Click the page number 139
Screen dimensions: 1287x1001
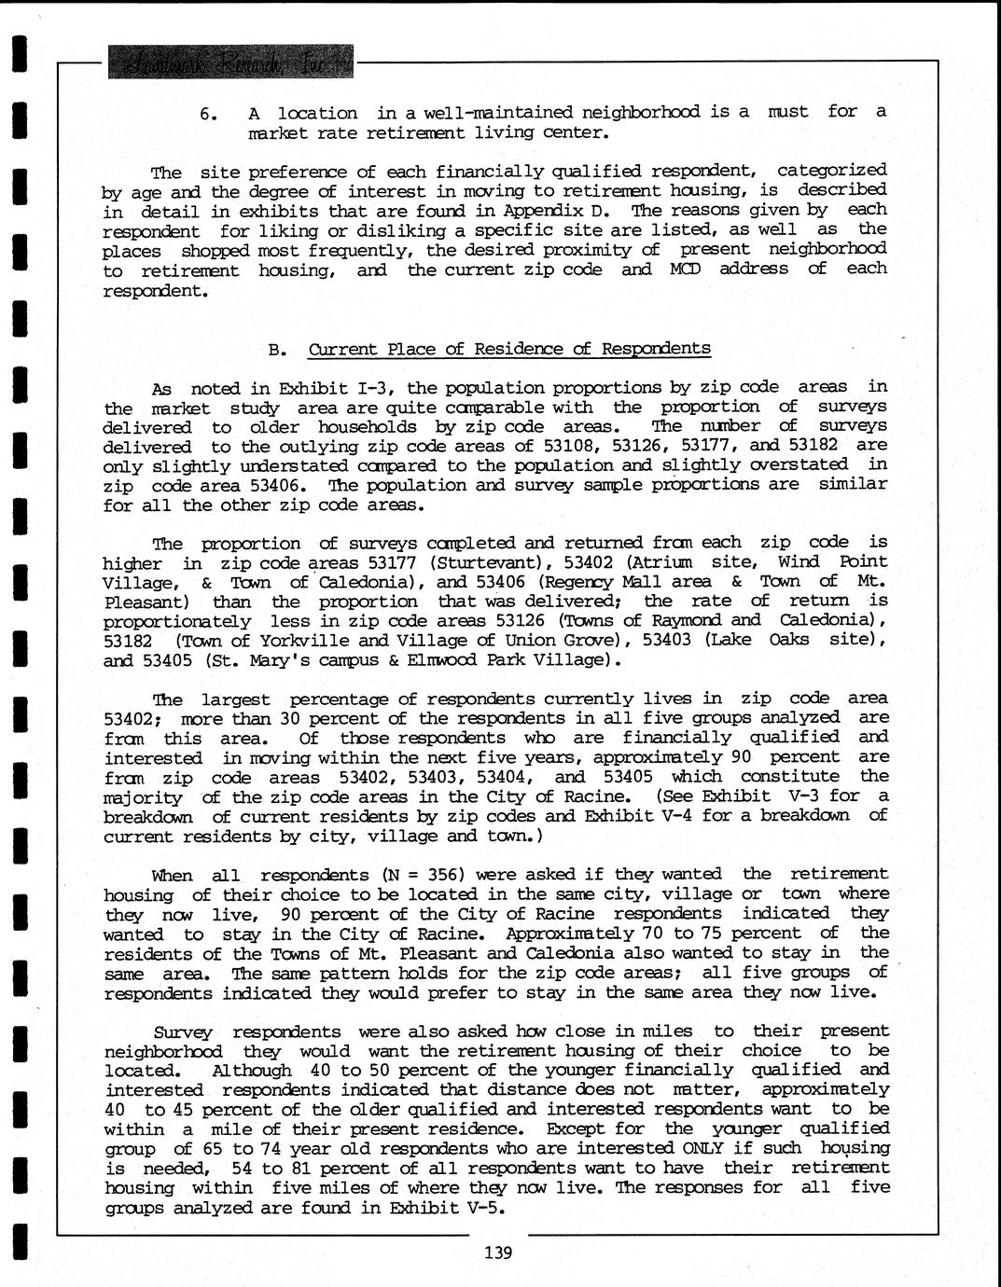pyautogui.click(x=498, y=1252)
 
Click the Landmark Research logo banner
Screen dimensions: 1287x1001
pyautogui.click(x=230, y=62)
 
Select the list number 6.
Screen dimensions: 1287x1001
pyautogui.click(x=209, y=115)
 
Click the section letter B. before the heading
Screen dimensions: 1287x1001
pyautogui.click(x=275, y=351)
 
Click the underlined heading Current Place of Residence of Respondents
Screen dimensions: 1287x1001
pyautogui.click(x=508, y=349)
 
